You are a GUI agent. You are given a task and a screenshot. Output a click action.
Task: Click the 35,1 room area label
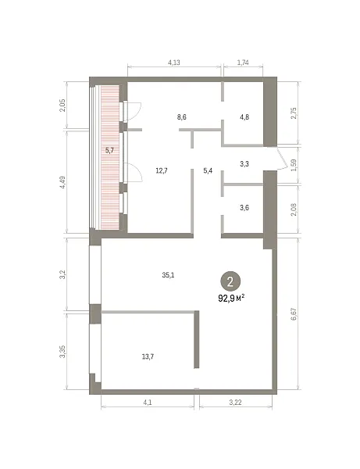point(168,275)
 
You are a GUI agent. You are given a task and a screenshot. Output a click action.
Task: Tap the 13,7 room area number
point(148,356)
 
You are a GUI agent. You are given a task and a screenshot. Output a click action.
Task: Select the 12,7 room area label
point(162,170)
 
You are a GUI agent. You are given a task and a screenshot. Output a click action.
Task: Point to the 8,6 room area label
point(182,117)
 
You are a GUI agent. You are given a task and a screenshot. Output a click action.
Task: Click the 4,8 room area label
point(244,117)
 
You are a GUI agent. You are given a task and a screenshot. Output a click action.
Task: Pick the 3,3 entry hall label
point(244,164)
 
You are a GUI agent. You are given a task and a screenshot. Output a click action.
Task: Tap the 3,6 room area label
point(244,208)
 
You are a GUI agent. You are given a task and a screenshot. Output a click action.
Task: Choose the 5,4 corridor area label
point(208,170)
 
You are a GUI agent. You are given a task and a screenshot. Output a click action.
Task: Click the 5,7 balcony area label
point(109,150)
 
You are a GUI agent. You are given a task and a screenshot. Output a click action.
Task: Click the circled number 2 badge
point(230,281)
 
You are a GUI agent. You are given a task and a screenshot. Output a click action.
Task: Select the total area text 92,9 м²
point(232,299)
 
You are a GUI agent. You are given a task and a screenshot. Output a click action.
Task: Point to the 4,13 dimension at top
point(174,63)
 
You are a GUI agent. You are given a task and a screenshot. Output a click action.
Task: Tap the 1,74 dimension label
point(243,63)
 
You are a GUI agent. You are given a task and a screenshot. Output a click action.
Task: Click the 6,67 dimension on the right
point(294,314)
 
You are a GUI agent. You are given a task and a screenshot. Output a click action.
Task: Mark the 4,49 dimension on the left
point(62,182)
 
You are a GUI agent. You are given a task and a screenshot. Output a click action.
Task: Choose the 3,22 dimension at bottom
point(235,403)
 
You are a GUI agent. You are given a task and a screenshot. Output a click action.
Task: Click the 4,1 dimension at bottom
point(148,403)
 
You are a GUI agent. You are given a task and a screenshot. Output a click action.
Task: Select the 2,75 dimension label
point(294,113)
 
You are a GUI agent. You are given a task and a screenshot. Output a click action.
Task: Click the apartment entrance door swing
point(283,159)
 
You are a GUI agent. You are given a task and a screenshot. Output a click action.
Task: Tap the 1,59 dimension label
point(294,165)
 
